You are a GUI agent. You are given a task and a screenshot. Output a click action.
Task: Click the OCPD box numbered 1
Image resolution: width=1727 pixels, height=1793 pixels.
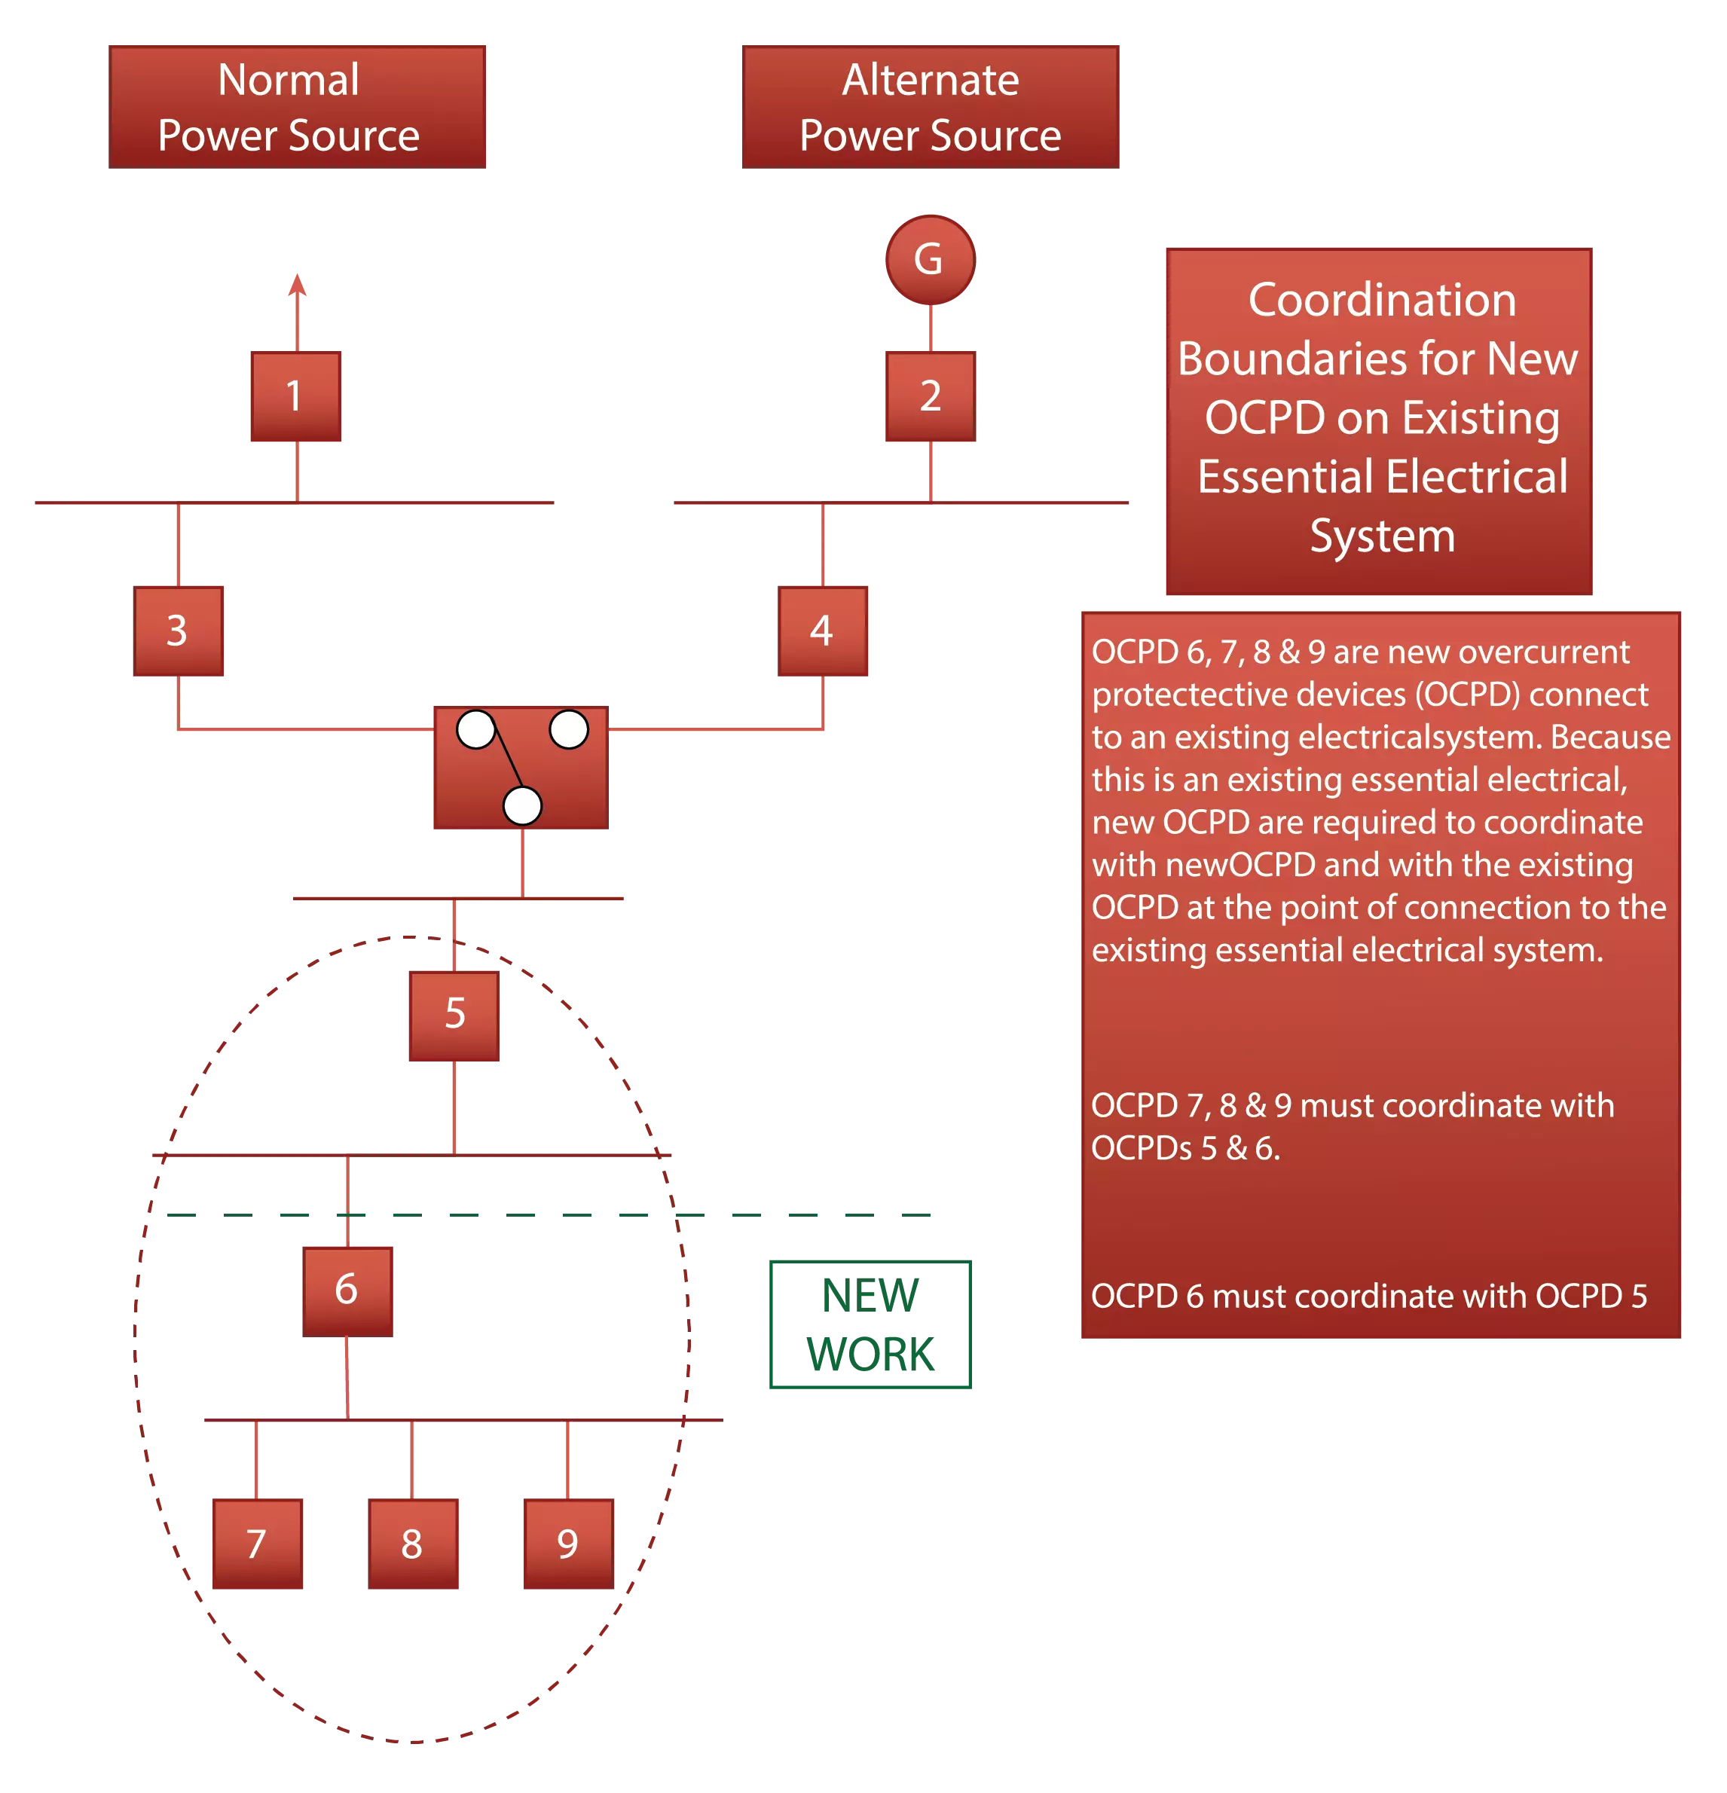pos(295,397)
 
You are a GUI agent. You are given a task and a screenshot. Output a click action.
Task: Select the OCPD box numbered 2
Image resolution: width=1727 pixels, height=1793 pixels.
pos(928,397)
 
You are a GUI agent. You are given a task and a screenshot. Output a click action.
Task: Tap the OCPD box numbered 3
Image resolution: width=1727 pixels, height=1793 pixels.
pos(179,631)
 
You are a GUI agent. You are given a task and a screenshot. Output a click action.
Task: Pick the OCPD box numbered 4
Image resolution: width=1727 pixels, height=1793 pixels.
pos(824,631)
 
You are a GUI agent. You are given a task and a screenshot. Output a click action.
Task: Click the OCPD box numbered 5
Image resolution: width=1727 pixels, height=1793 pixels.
pos(452,1016)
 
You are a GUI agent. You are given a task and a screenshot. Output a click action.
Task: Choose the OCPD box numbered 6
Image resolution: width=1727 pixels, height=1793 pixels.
pos(349,1289)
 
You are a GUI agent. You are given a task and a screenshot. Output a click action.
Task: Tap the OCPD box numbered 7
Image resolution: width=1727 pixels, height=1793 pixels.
pos(258,1542)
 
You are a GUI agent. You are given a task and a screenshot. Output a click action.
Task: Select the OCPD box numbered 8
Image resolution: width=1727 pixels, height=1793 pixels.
pos(414,1542)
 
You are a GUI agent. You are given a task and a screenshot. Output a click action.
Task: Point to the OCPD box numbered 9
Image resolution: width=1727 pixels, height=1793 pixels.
pos(566,1542)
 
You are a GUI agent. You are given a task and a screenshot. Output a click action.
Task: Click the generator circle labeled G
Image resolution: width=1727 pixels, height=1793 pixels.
pos(929,260)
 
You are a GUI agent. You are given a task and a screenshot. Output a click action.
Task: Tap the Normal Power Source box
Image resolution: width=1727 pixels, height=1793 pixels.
pos(298,106)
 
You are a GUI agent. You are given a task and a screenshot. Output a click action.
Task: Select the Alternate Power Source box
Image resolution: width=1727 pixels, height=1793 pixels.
pos(931,106)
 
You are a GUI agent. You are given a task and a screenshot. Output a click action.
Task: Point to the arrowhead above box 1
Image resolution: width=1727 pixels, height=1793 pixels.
pos(295,286)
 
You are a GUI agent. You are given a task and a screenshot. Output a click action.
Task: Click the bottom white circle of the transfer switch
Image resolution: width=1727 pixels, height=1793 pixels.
pos(522,806)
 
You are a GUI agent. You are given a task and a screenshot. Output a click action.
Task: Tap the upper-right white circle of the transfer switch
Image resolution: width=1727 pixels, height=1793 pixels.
pos(569,729)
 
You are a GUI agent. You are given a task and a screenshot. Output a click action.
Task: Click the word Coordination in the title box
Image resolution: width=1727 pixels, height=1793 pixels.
pos(1381,300)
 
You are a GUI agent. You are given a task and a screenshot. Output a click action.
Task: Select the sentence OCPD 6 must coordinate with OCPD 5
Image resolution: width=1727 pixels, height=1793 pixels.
pos(1368,1297)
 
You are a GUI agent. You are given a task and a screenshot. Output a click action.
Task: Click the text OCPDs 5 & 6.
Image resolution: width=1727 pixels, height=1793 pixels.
pos(1184,1148)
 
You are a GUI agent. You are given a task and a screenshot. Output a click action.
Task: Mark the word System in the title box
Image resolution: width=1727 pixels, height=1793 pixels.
pos(1381,536)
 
